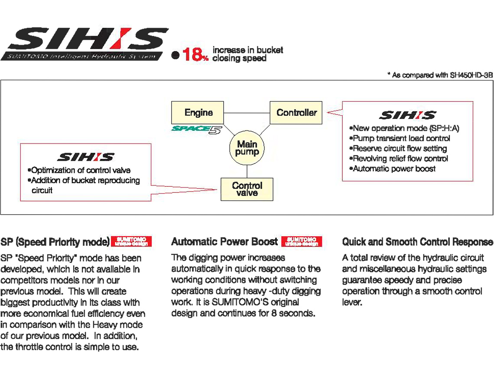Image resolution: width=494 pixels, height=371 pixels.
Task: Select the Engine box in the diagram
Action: (x=198, y=113)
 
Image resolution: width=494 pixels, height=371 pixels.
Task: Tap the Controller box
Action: (x=296, y=113)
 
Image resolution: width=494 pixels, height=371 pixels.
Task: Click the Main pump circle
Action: (x=247, y=148)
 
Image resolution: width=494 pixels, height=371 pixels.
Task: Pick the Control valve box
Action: (x=247, y=189)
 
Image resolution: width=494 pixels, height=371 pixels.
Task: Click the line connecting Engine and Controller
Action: (x=247, y=113)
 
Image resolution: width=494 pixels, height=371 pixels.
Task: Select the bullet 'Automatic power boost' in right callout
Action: (x=394, y=169)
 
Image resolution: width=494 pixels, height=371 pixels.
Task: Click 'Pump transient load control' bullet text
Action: (x=401, y=138)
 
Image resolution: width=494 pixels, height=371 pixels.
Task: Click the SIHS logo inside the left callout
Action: (x=86, y=156)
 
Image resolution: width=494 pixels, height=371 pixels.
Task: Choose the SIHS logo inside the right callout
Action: (x=407, y=115)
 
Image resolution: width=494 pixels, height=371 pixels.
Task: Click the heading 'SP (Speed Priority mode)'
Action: (x=55, y=242)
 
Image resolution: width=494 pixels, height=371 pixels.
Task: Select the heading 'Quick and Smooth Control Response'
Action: (x=417, y=242)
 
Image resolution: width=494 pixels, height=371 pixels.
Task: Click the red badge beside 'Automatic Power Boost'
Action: (x=302, y=241)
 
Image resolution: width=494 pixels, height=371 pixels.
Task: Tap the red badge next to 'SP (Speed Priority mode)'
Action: (x=131, y=241)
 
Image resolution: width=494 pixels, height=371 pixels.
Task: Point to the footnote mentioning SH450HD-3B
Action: (x=440, y=75)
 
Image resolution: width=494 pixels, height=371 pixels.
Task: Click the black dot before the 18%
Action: (x=175, y=55)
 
